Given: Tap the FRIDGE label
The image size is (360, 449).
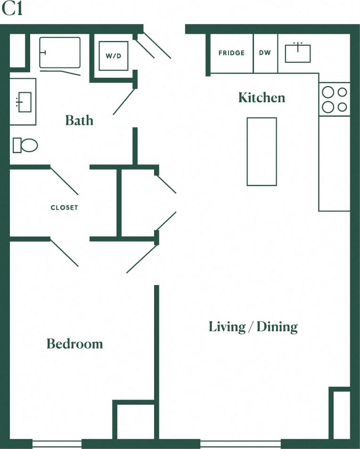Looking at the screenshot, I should coord(231,53).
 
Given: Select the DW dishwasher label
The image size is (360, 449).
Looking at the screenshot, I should coord(265,53).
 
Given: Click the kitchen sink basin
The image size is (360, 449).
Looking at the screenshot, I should coord(298,53).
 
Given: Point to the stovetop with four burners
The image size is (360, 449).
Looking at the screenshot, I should coord(335,99).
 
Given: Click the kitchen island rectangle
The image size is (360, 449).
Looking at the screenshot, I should coord(262,151).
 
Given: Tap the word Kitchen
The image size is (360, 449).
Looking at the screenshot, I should coord(262,98).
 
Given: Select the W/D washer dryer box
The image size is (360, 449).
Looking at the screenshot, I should coord(113,56).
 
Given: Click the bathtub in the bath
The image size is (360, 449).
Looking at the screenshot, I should coord(60,52).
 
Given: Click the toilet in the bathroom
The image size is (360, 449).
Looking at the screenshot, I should coord(25,145).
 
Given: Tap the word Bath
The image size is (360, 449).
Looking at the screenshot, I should coord(79,121).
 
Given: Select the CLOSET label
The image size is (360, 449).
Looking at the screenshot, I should coord(65,207).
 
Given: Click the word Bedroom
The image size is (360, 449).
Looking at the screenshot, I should coord(74,343).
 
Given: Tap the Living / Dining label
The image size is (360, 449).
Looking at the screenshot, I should coord(253,327).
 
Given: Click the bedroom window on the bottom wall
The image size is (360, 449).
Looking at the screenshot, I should coord(57,443).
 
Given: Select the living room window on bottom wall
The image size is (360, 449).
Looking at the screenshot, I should coord(240,443).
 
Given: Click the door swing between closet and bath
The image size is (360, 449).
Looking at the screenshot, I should coord(64,180).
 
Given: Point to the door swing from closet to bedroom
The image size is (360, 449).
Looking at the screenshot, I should coord(64,253).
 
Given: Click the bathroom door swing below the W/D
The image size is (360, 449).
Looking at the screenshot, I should coord(124,102).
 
